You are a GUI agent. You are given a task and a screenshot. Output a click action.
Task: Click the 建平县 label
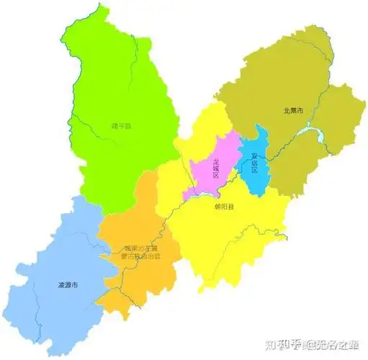(121, 126)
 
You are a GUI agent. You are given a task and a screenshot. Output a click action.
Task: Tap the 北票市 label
(293, 110)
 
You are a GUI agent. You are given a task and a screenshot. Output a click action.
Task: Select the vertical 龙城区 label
(215, 168)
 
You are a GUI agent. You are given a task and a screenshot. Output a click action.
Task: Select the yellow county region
(230, 238)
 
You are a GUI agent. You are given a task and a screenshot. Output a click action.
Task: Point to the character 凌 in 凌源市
(60, 285)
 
